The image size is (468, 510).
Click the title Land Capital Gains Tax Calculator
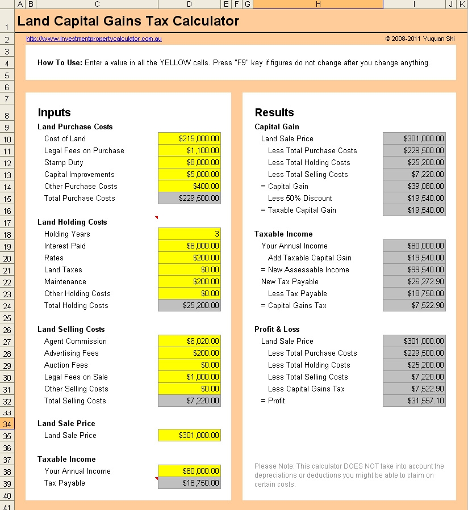128,22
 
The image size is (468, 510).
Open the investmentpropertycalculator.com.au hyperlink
94,39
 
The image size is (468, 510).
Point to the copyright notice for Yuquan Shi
420,39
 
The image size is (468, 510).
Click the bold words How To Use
60,63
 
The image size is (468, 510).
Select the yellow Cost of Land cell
189,138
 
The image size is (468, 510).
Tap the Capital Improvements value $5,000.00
189,174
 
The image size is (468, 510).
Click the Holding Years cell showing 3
189,234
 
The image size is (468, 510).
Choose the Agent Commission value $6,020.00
189,341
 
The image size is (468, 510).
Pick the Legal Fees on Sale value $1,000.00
189,377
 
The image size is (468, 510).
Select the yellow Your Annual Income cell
189,471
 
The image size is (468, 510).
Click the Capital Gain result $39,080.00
414,186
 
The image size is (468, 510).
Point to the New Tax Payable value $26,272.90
414,281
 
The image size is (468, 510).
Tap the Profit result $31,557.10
414,401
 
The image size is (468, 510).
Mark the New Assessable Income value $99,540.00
414,269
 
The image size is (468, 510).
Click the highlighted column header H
317,5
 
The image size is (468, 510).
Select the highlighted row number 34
7,424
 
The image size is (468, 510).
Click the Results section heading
274,112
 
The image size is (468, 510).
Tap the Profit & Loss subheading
277,329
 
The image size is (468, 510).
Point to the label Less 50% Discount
300,198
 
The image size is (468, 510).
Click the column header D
189,5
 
